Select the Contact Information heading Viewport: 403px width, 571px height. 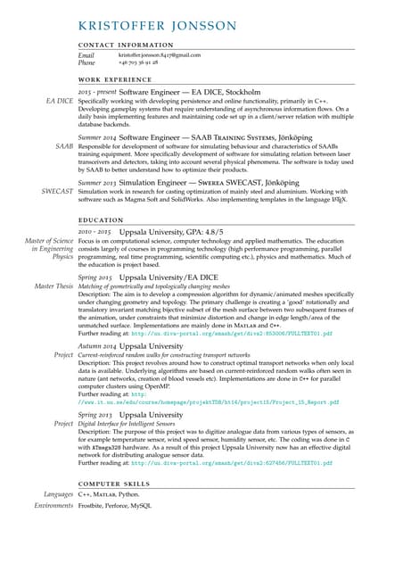click(x=126, y=45)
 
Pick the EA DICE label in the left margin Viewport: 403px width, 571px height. click(x=59, y=102)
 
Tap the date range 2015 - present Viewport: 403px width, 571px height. click(x=96, y=92)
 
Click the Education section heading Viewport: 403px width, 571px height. click(x=101, y=219)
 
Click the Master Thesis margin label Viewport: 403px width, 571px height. click(x=53, y=286)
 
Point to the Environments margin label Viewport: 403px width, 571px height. click(x=53, y=505)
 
